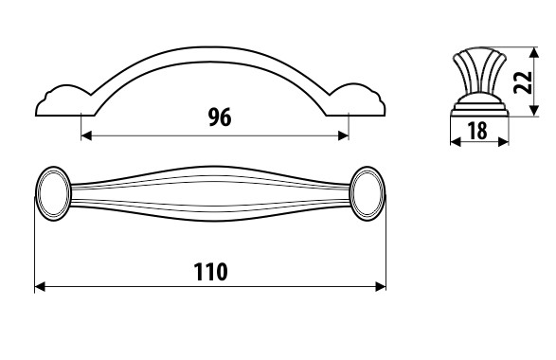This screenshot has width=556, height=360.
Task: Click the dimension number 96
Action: coord(220,117)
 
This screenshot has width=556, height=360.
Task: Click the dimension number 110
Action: coord(210,272)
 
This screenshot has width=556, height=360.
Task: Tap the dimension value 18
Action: coord(477,131)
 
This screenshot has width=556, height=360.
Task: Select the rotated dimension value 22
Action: coord(524,82)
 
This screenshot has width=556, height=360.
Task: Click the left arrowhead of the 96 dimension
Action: coord(86,135)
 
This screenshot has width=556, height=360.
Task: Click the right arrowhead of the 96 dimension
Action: coord(344,135)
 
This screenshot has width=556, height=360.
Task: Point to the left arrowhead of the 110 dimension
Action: coord(40,287)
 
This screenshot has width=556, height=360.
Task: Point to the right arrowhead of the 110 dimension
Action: coord(381,287)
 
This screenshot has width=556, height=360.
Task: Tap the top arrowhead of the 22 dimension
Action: coord(534,52)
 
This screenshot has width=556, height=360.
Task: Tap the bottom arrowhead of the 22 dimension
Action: coord(534,111)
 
